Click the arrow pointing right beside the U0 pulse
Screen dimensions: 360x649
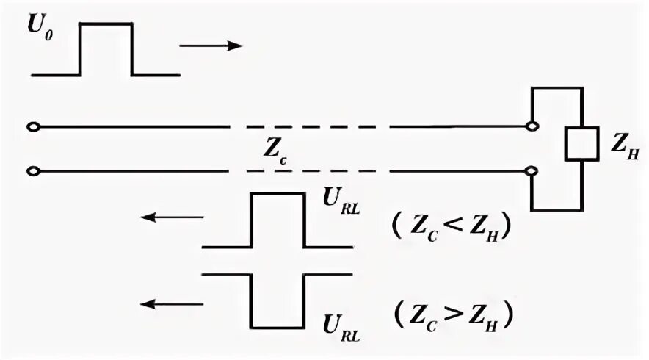coord(211,46)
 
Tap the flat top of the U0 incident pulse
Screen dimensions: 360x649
coord(106,24)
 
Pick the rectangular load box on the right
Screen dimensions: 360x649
coord(582,144)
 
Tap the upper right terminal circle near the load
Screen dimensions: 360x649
coord(533,127)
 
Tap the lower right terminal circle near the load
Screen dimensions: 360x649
coord(533,172)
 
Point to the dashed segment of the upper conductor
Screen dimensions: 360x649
coord(308,127)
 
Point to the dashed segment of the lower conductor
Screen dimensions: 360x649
coord(308,172)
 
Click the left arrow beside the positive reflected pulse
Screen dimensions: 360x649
coord(173,217)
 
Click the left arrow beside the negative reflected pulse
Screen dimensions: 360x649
coord(173,303)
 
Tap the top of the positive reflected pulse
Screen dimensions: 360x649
coord(278,194)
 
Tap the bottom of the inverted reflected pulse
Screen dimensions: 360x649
coord(278,327)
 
